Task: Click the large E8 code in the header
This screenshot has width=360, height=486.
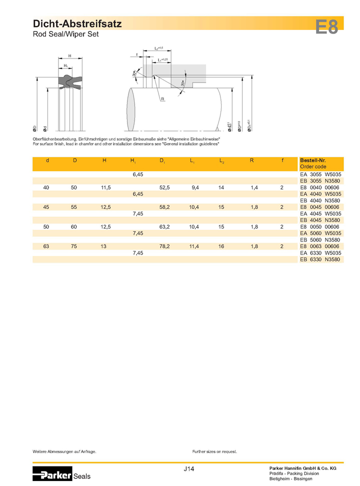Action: (327, 26)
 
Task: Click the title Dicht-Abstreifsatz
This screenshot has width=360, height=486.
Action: (77, 23)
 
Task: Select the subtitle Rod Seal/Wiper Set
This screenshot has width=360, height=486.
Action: (66, 34)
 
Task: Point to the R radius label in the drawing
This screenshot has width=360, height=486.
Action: (162, 99)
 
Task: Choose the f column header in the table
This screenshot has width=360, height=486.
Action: (282, 160)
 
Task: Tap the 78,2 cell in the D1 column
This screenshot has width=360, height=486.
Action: (165, 246)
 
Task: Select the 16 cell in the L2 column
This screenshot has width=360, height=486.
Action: (221, 246)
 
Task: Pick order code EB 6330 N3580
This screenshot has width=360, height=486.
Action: (319, 259)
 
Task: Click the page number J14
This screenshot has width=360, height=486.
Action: (189, 469)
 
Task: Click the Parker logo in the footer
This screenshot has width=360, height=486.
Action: (52, 473)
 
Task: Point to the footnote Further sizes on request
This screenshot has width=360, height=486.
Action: (214, 451)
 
